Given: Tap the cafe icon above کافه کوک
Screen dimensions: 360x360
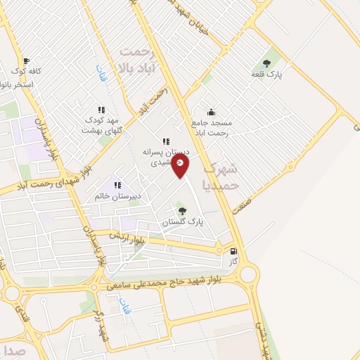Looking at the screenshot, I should click(x=27, y=61).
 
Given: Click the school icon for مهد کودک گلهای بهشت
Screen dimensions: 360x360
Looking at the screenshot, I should click(x=101, y=110).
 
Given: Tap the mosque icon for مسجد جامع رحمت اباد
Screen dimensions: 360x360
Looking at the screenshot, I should click(x=211, y=111).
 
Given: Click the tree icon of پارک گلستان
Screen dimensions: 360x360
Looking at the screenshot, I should click(x=182, y=210).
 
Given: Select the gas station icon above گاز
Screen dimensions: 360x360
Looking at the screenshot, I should click(x=233, y=250).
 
